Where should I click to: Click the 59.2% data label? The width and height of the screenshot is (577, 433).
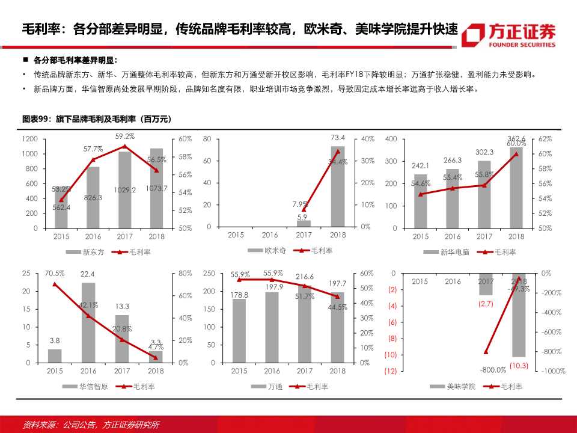click(125, 137)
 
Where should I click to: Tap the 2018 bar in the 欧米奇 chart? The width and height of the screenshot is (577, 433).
click(337, 186)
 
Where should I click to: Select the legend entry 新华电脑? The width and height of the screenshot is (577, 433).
click(451, 253)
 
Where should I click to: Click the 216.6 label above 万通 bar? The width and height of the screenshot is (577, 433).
click(305, 277)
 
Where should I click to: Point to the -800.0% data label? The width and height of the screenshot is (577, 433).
click(492, 370)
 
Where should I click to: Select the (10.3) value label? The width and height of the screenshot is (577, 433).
click(519, 365)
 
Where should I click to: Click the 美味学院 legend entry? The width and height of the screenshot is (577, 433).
click(461, 387)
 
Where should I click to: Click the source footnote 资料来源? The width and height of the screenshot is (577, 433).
click(90, 425)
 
